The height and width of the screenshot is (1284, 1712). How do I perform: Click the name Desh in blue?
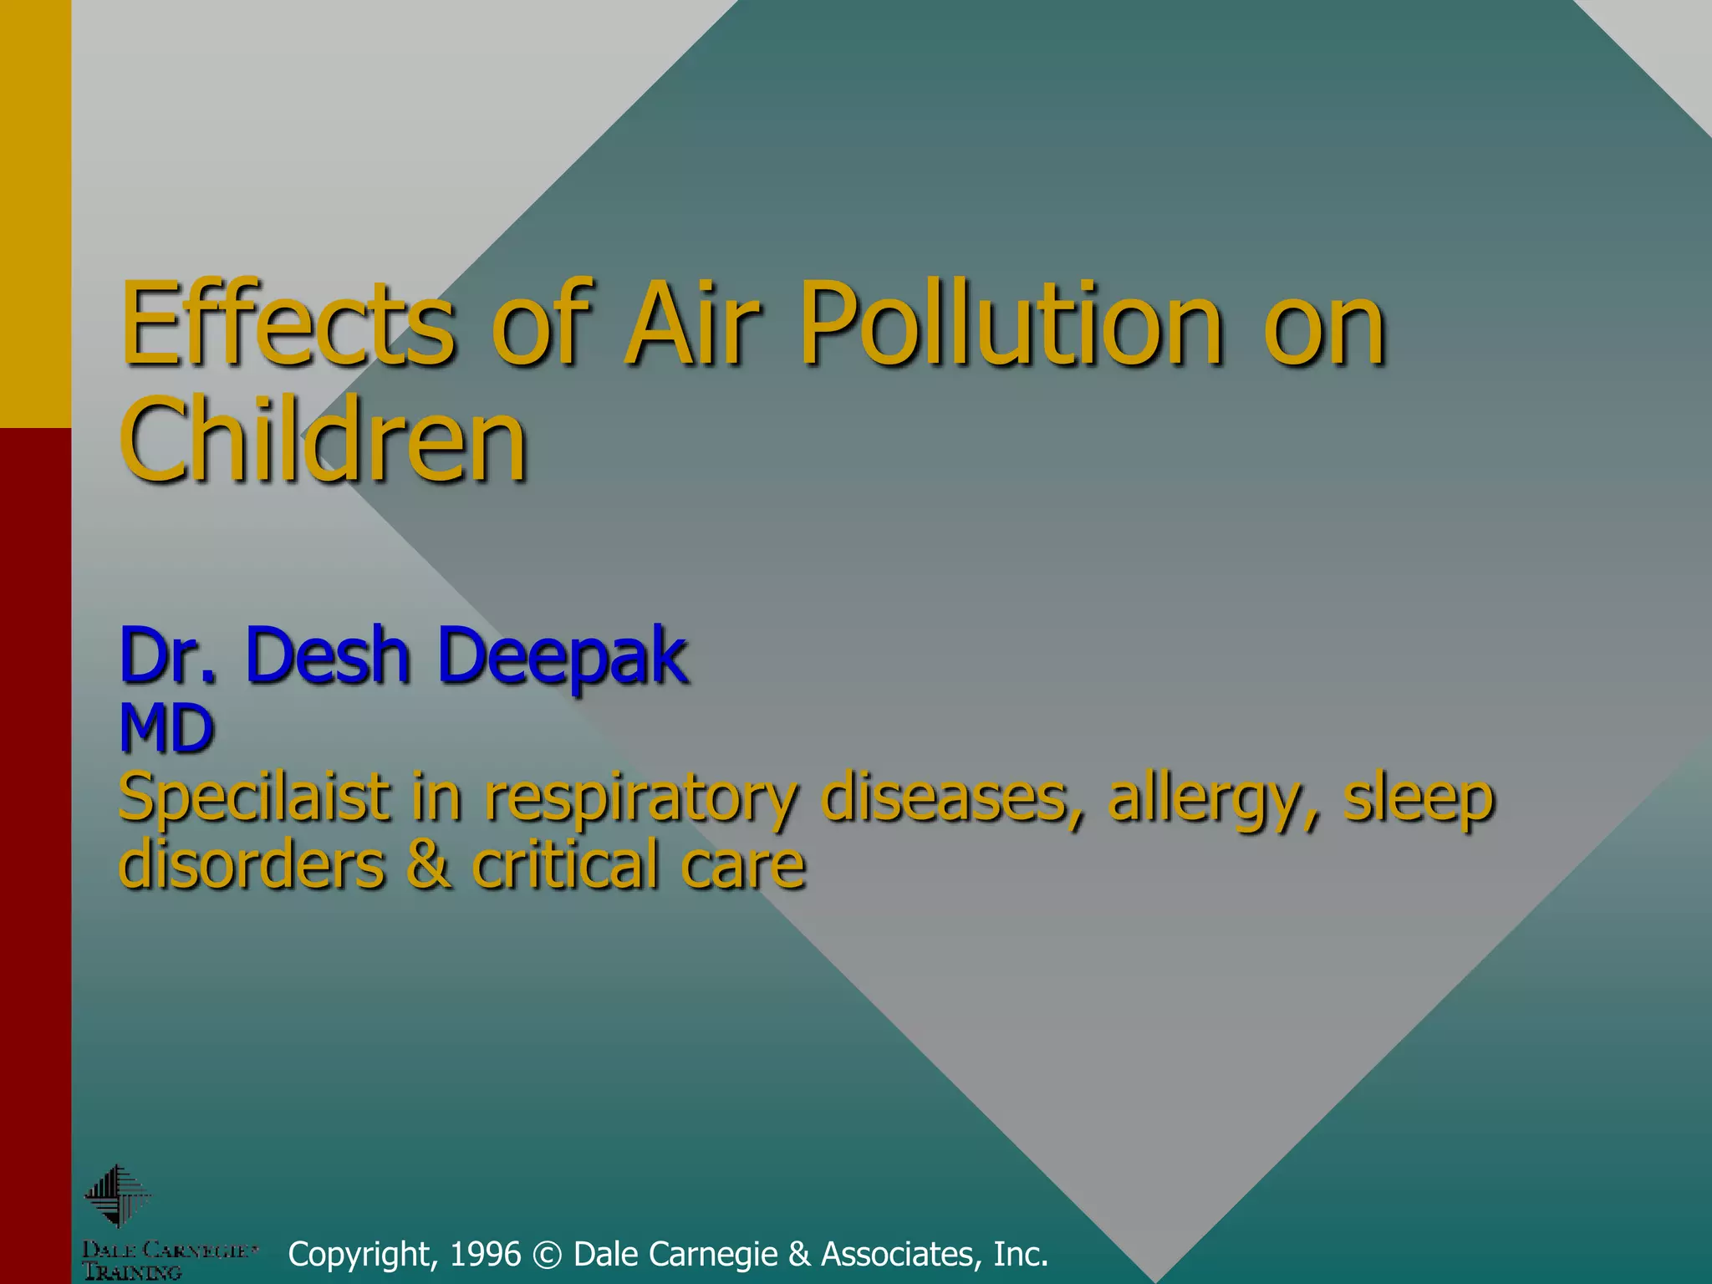(x=327, y=657)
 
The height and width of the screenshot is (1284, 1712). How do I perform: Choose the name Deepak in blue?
(x=563, y=657)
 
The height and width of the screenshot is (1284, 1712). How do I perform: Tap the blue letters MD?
(x=167, y=729)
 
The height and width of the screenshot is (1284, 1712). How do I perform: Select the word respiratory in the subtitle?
(x=640, y=798)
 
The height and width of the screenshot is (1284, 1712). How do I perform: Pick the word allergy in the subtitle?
(x=1213, y=798)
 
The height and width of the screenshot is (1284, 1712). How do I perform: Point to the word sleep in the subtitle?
(x=1419, y=798)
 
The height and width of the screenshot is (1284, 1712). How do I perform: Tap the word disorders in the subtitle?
(x=252, y=864)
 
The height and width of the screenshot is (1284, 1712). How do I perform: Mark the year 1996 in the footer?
(x=485, y=1254)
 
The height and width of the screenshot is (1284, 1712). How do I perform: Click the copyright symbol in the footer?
(x=548, y=1255)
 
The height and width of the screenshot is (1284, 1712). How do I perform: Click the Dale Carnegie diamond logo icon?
(x=117, y=1196)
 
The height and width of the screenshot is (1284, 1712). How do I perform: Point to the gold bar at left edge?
(x=35, y=213)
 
